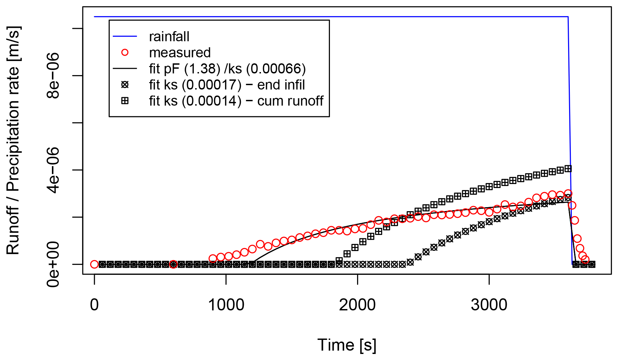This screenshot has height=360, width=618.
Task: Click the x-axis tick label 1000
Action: point(226,305)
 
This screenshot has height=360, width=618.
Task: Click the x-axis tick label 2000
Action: point(357,305)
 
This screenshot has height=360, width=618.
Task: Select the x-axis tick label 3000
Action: point(489,305)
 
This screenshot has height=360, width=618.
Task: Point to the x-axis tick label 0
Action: point(94,305)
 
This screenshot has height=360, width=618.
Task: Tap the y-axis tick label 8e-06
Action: point(53,75)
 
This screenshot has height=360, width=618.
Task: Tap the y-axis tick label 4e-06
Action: point(53,170)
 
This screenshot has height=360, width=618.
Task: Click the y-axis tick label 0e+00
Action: point(53,264)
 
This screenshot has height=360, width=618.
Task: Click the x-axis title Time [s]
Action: point(347,345)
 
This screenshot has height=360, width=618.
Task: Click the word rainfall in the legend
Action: point(169,37)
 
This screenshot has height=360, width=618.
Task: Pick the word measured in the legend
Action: point(180,53)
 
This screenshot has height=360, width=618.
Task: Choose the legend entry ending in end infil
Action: point(227,85)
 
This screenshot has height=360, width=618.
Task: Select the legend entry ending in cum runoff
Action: point(236,101)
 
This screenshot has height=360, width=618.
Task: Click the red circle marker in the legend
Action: point(125,52)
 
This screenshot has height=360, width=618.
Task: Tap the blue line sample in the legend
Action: point(125,36)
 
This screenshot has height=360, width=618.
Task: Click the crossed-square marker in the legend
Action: point(125,101)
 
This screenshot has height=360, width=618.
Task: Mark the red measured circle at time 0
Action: point(94,264)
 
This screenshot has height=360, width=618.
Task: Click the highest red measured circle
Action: point(568,193)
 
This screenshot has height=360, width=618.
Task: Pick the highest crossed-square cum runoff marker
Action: point(568,169)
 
